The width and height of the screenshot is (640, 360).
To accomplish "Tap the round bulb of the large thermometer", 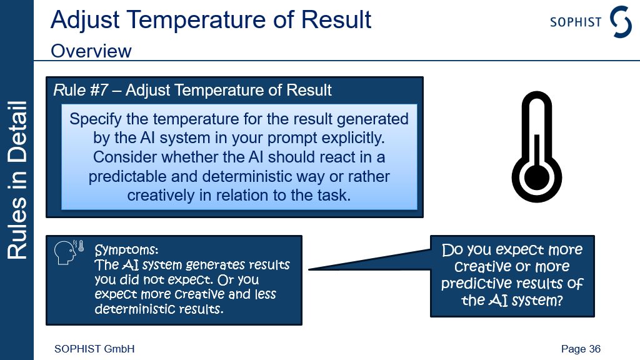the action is [537, 178].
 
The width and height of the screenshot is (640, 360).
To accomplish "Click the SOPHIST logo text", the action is [576, 22].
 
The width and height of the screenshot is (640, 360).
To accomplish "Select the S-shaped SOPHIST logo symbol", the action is [621, 22].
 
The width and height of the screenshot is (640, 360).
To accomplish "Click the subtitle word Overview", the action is [91, 51].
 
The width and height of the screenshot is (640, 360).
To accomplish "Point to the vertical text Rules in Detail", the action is [17, 180].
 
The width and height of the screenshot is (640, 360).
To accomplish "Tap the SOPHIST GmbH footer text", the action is [94, 349].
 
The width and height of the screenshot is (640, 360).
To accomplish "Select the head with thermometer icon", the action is [69, 252].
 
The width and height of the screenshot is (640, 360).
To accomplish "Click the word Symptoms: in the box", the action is [126, 249].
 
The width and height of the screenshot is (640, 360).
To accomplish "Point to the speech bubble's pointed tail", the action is [309, 269].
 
